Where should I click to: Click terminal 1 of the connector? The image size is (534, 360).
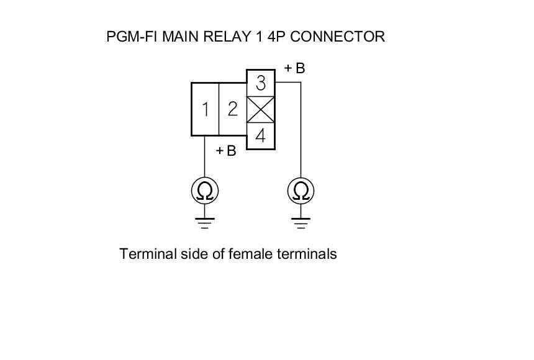(205, 109)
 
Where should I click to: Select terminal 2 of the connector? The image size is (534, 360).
(233, 109)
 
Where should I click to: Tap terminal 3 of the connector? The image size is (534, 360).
(261, 83)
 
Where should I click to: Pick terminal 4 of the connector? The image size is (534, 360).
(261, 136)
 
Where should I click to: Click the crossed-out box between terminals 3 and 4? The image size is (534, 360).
(261, 109)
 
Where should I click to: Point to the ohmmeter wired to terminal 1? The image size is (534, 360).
(205, 191)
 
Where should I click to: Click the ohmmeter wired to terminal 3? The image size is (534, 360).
(301, 191)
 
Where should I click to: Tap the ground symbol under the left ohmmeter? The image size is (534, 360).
(205, 221)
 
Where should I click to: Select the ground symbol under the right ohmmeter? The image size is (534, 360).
(301, 221)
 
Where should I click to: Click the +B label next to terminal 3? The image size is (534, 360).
(295, 68)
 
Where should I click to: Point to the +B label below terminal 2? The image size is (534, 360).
(226, 151)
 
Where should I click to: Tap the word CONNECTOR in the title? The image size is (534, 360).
(338, 37)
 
